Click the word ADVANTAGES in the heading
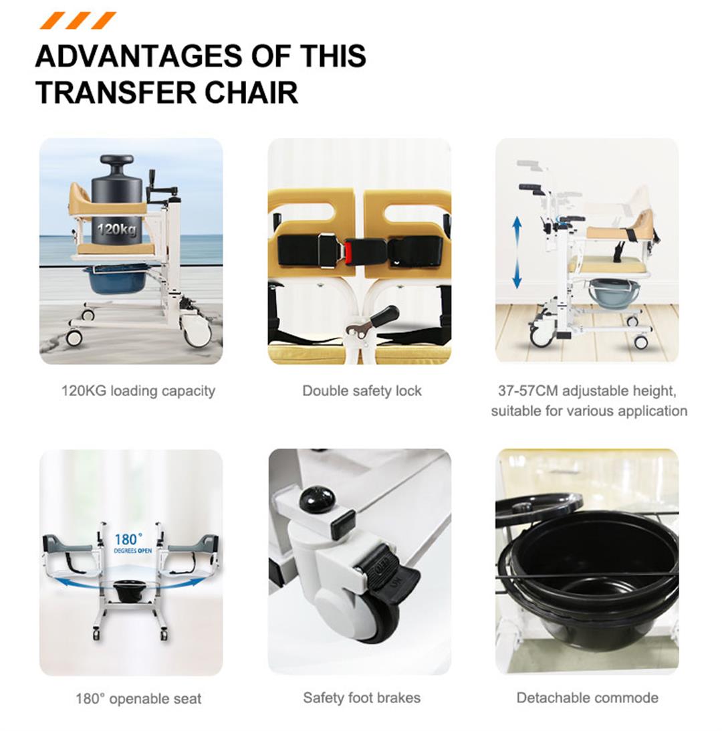pyautogui.click(x=138, y=56)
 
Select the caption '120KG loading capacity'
pyautogui.click(x=138, y=391)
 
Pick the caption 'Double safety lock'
pyautogui.click(x=362, y=391)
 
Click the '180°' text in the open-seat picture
pyautogui.click(x=128, y=540)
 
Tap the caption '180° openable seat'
pyautogui.click(x=138, y=699)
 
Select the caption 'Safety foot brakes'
pyautogui.click(x=362, y=698)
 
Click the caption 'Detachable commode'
pyautogui.click(x=588, y=698)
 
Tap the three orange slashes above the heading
pyautogui.click(x=78, y=21)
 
